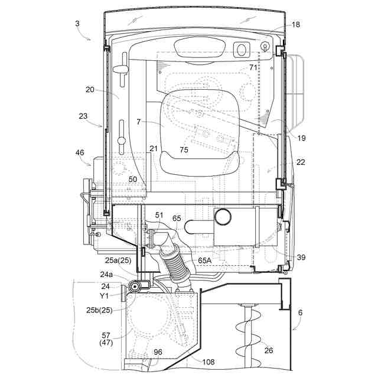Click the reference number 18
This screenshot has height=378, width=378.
296,25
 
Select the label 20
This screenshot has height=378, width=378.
90,90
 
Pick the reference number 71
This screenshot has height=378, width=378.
253,67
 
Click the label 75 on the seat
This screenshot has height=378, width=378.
184,150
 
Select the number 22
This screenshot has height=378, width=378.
300,162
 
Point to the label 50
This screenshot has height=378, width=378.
133,178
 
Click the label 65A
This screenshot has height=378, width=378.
206,259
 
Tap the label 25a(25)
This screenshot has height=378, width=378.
119,260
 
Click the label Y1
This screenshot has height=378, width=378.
104,295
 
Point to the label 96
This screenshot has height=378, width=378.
158,352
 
